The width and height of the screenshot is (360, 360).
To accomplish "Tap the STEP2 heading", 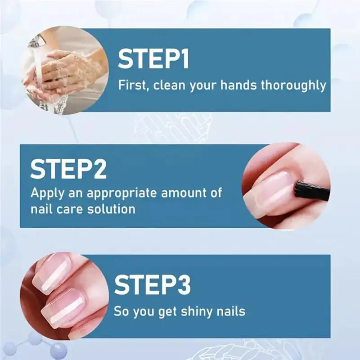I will click(x=68, y=169).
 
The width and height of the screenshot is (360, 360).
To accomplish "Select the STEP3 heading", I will click(x=152, y=285).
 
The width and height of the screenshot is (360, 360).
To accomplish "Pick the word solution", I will click(x=112, y=209).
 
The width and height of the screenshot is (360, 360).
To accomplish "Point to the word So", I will click(x=121, y=310).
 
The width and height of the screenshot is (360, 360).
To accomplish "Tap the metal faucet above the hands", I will click(x=37, y=42).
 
